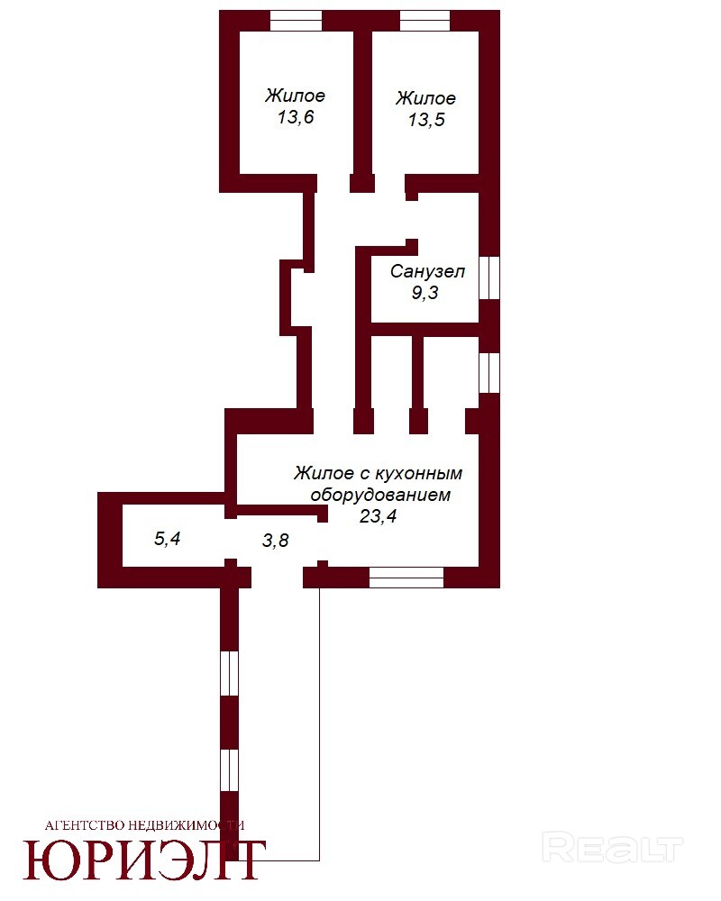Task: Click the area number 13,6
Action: pos(296,117)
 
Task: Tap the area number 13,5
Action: pos(426,120)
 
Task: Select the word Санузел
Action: pos(427,271)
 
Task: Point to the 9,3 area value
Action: pos(424,293)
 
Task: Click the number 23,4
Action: pos(378,516)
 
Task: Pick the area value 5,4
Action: pos(168,539)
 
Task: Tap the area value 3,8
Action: pos(276,540)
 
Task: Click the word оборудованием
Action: pos(380,495)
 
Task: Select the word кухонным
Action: pos(418,474)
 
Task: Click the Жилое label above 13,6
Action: pos(295,95)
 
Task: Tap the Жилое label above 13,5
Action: pos(425,97)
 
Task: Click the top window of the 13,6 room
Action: pos(297,21)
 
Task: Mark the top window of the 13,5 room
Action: pos(424,21)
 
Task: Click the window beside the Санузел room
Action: pos(489,278)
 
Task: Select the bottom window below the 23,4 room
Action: pos(406,578)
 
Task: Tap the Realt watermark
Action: pos(612,849)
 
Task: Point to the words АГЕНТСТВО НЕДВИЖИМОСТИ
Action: pos(144,825)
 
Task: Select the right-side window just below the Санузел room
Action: pos(489,372)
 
